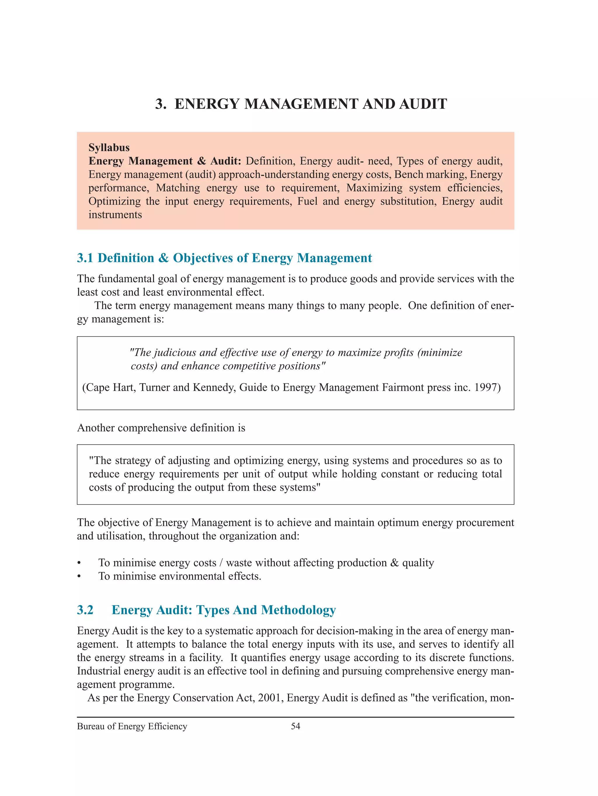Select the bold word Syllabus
pos(109,148)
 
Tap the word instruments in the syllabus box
pos(115,215)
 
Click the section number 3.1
pos(85,258)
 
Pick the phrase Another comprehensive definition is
pos(161,428)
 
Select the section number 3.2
pos(85,610)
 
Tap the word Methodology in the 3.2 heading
pos(298,610)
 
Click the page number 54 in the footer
pos(295,726)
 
